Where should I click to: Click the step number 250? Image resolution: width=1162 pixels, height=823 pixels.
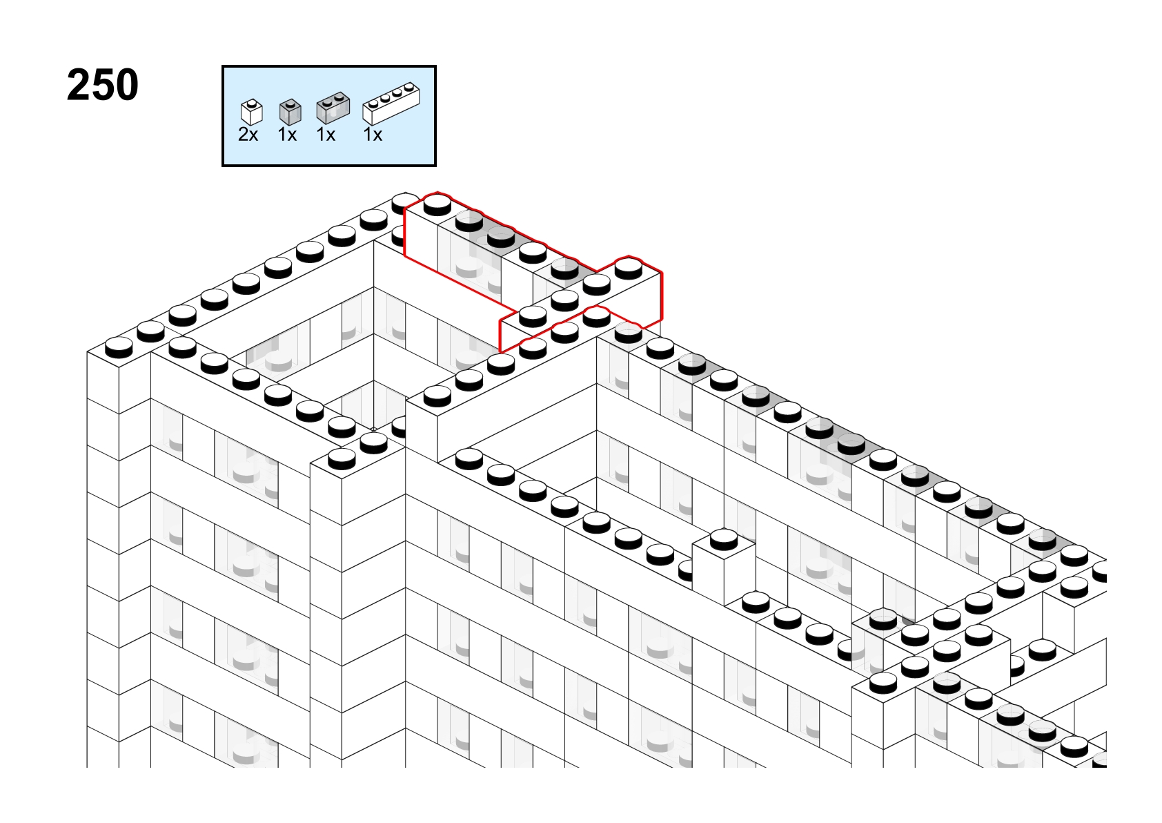coord(103,85)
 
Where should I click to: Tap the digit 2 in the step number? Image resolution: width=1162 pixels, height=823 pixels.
coord(79,85)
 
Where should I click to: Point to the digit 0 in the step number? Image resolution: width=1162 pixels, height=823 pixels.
coord(126,85)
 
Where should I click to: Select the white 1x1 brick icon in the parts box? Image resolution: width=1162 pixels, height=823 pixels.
coord(252,112)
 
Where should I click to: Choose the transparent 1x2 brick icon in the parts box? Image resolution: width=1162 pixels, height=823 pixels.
coord(333,108)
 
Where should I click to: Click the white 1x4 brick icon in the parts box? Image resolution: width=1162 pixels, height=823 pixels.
coord(391,104)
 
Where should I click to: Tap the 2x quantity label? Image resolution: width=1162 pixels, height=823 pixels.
coord(248,135)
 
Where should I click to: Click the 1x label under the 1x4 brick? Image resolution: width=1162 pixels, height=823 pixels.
coord(373,135)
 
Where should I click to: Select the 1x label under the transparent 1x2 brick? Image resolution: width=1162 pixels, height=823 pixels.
coord(326,135)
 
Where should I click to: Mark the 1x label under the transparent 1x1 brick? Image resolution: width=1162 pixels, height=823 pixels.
coord(287,135)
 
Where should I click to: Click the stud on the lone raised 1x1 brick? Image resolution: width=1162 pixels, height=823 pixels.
coord(724,540)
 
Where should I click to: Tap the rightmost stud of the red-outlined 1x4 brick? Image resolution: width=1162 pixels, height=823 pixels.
coord(629,269)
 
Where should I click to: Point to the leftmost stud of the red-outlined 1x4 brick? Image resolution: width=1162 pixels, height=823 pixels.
coord(533,316)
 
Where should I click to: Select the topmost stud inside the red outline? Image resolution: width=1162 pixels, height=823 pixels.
coord(437,204)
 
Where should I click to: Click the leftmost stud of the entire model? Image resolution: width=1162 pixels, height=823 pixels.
coord(119,348)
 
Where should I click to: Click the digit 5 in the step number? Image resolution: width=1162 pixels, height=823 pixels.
coord(103,85)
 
